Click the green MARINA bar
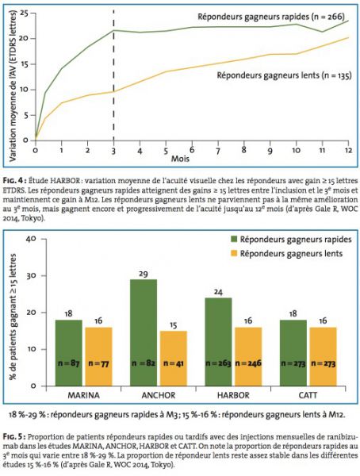click(69, 353)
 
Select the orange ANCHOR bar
click(174, 359)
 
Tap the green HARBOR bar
click(218, 342)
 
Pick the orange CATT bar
click(323, 357)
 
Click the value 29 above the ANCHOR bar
click(144, 274)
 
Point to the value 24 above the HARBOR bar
click(218, 292)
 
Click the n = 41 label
click(174, 363)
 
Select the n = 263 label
click(218, 363)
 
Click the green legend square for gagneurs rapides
click(234, 240)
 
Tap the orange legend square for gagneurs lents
click(234, 254)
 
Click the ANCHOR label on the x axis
click(159, 395)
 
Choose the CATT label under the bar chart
click(308, 395)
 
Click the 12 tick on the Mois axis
click(348, 150)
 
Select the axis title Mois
click(180, 159)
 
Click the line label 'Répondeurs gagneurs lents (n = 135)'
click(284, 75)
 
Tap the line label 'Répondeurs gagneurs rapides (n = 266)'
click(271, 17)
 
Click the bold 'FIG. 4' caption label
click(13, 181)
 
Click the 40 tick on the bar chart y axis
click(32, 239)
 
